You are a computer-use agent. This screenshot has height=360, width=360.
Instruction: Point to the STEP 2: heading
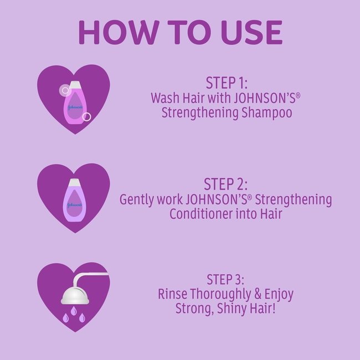(226, 184)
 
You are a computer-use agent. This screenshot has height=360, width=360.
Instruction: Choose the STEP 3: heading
(226, 278)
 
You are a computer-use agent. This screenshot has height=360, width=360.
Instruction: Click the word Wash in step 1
(165, 98)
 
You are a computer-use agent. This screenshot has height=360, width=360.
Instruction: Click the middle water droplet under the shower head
(73, 318)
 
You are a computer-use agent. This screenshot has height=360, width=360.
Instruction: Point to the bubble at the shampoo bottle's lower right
(86, 116)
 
